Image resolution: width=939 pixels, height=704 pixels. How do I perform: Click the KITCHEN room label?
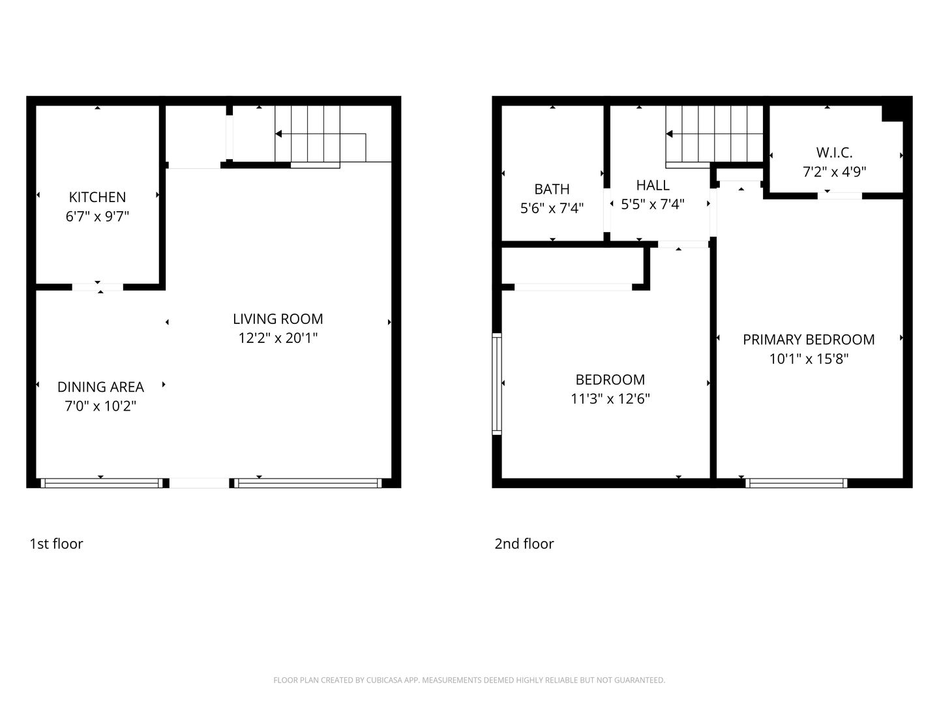click(x=97, y=197)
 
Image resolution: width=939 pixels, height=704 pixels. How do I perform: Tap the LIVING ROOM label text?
click(x=278, y=319)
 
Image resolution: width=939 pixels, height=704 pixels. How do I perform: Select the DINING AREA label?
click(x=100, y=387)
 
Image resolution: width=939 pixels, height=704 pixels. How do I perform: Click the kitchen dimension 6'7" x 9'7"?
click(x=97, y=216)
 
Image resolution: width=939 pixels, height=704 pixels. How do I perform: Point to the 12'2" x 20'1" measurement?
click(x=278, y=338)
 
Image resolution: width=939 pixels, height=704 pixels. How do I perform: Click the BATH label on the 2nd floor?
click(x=552, y=189)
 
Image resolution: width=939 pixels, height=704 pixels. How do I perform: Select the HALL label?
click(x=653, y=185)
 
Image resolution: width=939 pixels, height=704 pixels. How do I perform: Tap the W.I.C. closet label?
click(x=834, y=153)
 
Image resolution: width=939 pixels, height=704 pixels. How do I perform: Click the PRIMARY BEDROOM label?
click(x=809, y=340)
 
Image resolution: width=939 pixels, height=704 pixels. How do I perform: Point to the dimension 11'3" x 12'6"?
click(x=610, y=399)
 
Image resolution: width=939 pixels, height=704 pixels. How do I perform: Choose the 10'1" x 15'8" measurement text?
click(x=809, y=359)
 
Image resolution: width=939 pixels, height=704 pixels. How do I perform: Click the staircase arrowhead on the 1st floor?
click(x=279, y=134)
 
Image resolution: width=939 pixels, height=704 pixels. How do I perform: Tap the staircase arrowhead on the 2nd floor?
click(x=670, y=134)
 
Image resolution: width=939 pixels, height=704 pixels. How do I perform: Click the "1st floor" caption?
click(x=56, y=544)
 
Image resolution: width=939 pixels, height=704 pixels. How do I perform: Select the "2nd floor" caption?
click(x=524, y=544)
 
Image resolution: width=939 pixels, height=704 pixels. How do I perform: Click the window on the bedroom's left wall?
click(x=497, y=383)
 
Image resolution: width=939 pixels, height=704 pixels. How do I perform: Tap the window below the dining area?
click(x=100, y=483)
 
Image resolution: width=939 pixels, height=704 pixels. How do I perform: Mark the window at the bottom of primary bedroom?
click(x=796, y=483)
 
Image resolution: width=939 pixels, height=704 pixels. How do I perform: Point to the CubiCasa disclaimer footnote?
click(x=469, y=681)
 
